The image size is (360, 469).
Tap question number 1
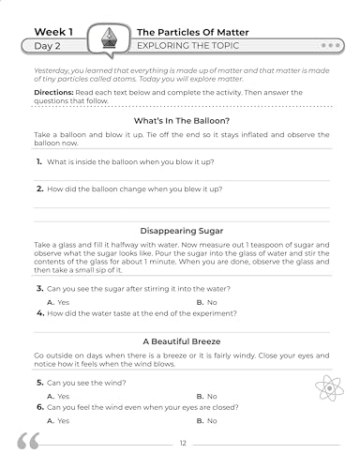tap(38, 162)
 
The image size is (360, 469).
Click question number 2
tap(38, 189)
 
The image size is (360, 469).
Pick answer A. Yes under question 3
tap(57, 303)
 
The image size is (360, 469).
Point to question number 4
tap(38, 314)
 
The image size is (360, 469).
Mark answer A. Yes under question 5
tap(57, 397)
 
